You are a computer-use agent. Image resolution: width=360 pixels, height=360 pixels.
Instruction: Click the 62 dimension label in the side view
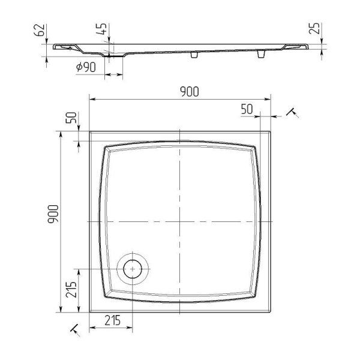39,30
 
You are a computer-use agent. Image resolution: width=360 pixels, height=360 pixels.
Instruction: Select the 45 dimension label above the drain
101,29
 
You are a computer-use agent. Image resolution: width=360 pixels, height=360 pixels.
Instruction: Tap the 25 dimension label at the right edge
314,28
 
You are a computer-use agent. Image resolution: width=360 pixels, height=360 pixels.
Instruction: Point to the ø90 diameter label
86,67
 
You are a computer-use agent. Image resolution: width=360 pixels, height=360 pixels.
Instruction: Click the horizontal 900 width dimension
190,92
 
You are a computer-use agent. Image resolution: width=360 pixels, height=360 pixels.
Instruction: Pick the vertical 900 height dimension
53,214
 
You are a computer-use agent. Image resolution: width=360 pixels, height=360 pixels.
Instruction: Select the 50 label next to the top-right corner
247,109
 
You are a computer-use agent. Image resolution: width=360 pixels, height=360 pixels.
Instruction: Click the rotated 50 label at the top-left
71,118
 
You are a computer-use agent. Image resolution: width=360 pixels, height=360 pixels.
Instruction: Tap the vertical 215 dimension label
71,289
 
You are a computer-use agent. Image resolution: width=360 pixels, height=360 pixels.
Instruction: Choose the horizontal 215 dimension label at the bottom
113,320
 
